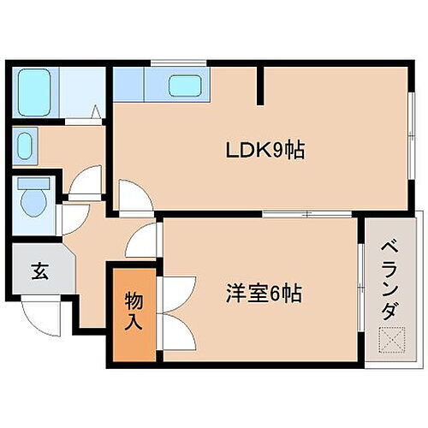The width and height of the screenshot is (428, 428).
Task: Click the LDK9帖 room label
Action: click(265, 152)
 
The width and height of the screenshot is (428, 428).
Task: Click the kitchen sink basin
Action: click(183, 86)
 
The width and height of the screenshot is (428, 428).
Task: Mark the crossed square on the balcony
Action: click(389, 341)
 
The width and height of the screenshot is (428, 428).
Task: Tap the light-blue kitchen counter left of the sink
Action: click(130, 85)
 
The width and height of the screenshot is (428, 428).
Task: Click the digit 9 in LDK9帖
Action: click(280, 152)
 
